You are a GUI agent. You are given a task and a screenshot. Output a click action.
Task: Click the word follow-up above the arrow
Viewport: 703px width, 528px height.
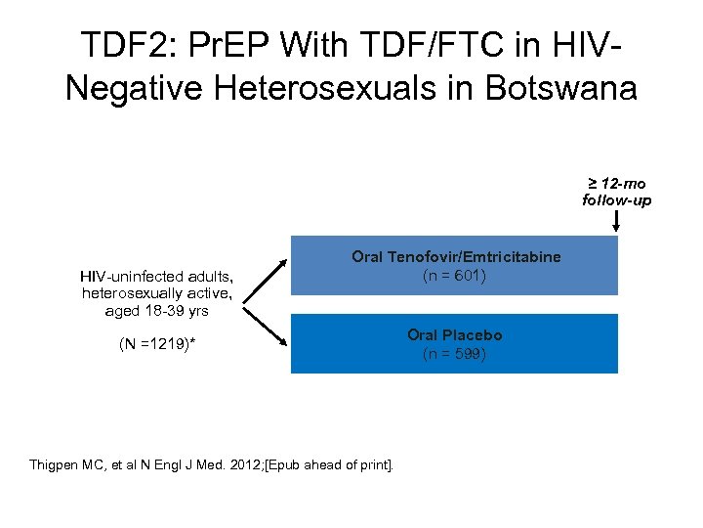[x=616, y=200]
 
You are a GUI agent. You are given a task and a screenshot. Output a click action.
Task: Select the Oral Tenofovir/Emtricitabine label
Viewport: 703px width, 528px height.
[x=456, y=256]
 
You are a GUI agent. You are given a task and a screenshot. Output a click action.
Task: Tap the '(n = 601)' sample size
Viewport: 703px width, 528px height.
[x=455, y=276]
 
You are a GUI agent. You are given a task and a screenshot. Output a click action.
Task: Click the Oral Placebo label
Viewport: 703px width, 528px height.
[x=455, y=334]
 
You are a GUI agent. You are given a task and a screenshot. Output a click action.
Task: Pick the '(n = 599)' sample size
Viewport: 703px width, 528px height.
[x=455, y=354]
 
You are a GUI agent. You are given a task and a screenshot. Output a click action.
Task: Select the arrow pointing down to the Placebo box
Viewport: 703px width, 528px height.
[x=264, y=329]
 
